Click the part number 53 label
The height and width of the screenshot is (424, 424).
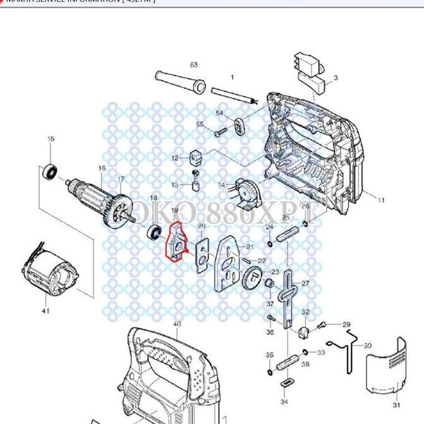(194, 65)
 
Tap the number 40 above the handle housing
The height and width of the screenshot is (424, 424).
(177, 324)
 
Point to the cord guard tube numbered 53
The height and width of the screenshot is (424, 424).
(179, 81)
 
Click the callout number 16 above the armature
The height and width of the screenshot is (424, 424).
(102, 168)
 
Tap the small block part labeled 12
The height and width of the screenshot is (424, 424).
(196, 155)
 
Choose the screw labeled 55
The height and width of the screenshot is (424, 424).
(220, 132)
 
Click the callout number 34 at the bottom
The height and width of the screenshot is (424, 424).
(284, 401)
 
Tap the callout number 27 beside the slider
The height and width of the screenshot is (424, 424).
(305, 284)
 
